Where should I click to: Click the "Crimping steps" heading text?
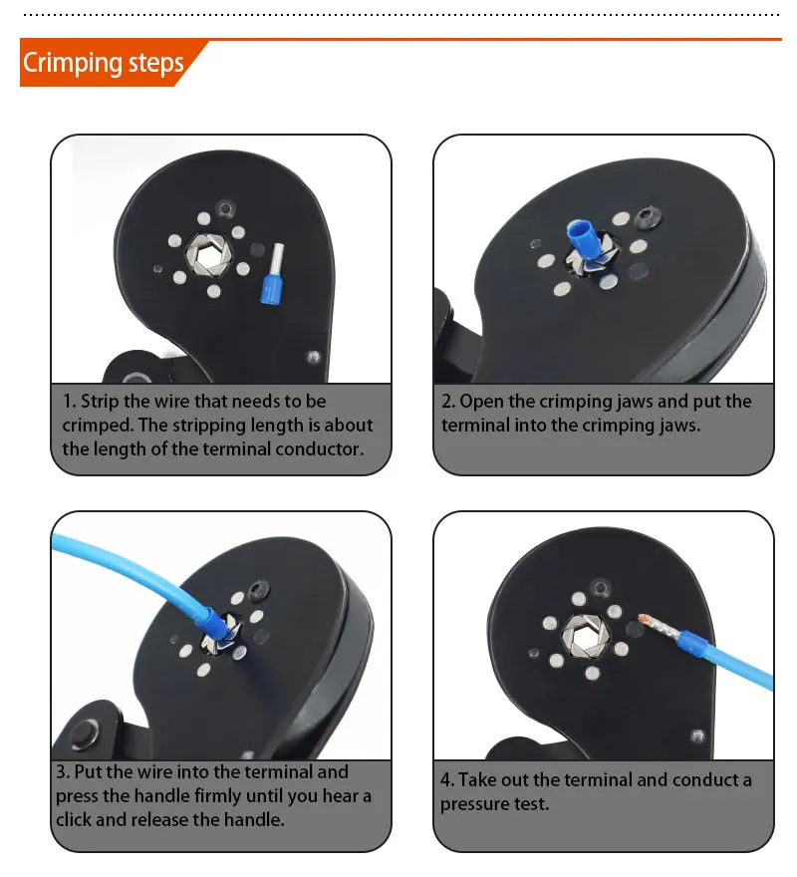point(103,63)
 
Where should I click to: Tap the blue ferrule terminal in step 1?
point(272,274)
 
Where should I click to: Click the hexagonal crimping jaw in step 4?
point(585,637)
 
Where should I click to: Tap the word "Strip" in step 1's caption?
point(100,402)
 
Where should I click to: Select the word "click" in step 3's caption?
point(74,820)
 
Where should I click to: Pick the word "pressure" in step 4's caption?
point(474,805)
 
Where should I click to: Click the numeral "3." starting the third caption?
point(63,772)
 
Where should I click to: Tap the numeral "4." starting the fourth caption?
point(447,779)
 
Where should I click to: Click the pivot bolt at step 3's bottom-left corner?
point(84,733)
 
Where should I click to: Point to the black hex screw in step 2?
point(650,216)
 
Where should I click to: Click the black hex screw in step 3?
point(259,590)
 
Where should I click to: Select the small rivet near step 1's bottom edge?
point(313,357)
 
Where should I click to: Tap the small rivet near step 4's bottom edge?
point(697,736)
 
